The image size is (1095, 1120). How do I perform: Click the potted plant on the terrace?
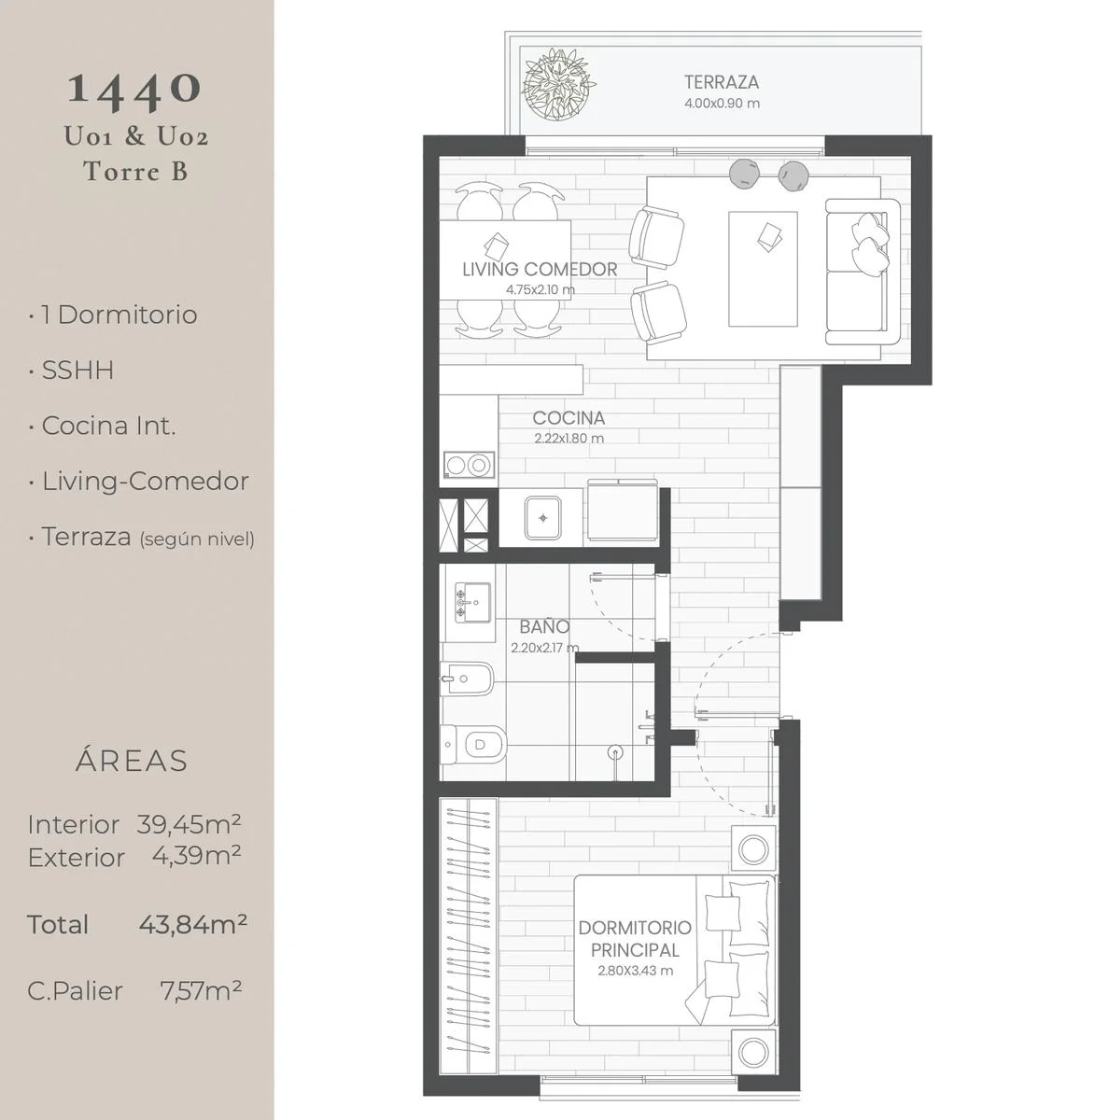click(x=559, y=84)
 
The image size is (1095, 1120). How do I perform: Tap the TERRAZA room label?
click(x=722, y=82)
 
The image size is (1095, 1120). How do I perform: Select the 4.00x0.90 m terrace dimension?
click(x=722, y=104)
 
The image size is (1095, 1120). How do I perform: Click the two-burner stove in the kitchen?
click(x=469, y=465)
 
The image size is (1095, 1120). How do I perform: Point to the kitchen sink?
click(x=542, y=518)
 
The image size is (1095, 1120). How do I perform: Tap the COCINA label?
click(x=569, y=418)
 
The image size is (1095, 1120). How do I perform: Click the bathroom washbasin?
click(x=473, y=602)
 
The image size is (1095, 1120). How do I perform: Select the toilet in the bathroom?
click(x=473, y=744)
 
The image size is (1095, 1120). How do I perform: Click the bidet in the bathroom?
click(x=467, y=679)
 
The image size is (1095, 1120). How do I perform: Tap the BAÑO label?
click(x=544, y=627)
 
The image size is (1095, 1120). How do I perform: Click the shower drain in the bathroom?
click(x=615, y=750)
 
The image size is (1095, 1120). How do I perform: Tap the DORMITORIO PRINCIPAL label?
click(x=635, y=939)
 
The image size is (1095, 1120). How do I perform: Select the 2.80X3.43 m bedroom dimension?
click(x=635, y=971)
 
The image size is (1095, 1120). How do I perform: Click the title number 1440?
click(x=134, y=90)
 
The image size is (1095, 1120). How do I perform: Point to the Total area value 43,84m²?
click(x=193, y=924)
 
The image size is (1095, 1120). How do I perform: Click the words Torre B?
click(x=136, y=172)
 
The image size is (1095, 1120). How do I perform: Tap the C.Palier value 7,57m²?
click(x=201, y=991)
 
